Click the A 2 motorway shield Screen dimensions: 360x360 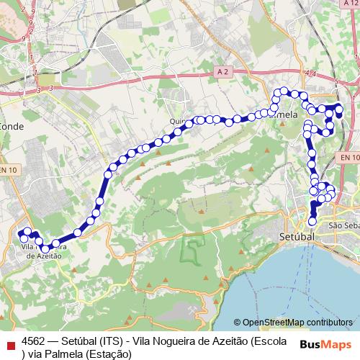[223, 73]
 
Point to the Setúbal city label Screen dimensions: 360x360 [297, 236]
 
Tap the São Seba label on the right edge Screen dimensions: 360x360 [343, 225]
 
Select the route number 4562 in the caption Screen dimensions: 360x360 [35, 341]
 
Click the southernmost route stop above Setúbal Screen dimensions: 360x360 [312, 221]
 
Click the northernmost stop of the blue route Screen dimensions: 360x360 [284, 91]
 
